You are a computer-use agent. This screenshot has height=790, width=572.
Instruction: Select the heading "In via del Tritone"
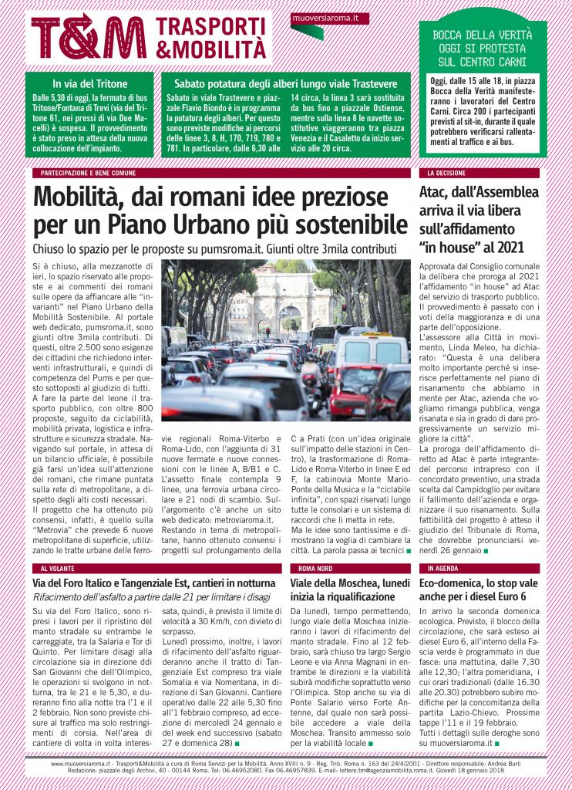coord(89,83)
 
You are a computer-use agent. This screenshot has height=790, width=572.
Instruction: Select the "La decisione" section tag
coord(442,174)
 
